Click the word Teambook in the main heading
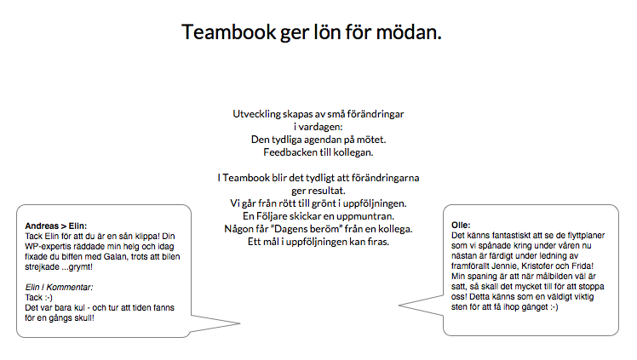(229, 31)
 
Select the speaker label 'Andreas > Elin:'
(56, 226)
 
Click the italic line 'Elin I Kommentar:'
(59, 288)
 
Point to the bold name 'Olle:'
(461, 226)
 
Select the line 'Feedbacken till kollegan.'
(318, 152)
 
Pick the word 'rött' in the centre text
(287, 203)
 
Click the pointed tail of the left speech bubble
(239, 323)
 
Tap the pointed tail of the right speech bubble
(399, 306)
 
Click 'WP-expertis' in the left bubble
(46, 247)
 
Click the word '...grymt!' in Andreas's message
(77, 267)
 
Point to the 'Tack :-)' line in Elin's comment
(38, 298)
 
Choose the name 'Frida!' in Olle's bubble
(582, 266)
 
